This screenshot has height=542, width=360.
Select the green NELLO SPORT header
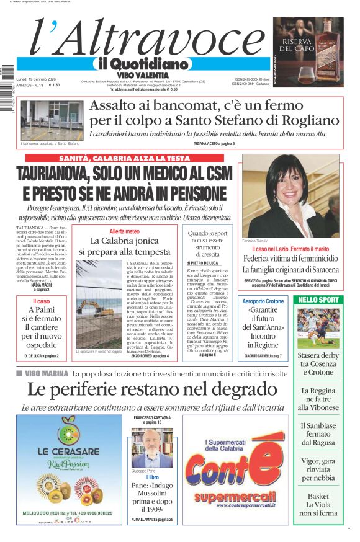(318, 300)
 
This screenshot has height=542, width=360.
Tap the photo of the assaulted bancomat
(52, 120)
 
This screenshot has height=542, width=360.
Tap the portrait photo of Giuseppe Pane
(151, 447)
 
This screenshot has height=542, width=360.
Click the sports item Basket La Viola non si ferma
(318, 504)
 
